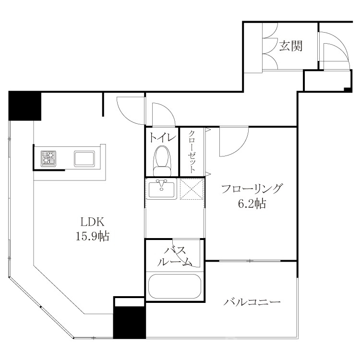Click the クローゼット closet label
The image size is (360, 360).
pos(192,152)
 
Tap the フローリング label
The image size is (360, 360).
pos(252,189)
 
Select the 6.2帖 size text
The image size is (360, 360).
pos(252,204)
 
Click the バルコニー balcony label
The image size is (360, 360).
pos(252,302)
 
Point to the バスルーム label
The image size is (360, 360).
pos(175,256)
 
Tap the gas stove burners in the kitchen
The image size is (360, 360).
pos(48,158)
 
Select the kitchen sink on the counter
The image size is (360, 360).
pos(85,158)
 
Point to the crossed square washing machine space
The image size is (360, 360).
pos(192,189)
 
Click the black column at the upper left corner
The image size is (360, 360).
pos(24,106)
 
